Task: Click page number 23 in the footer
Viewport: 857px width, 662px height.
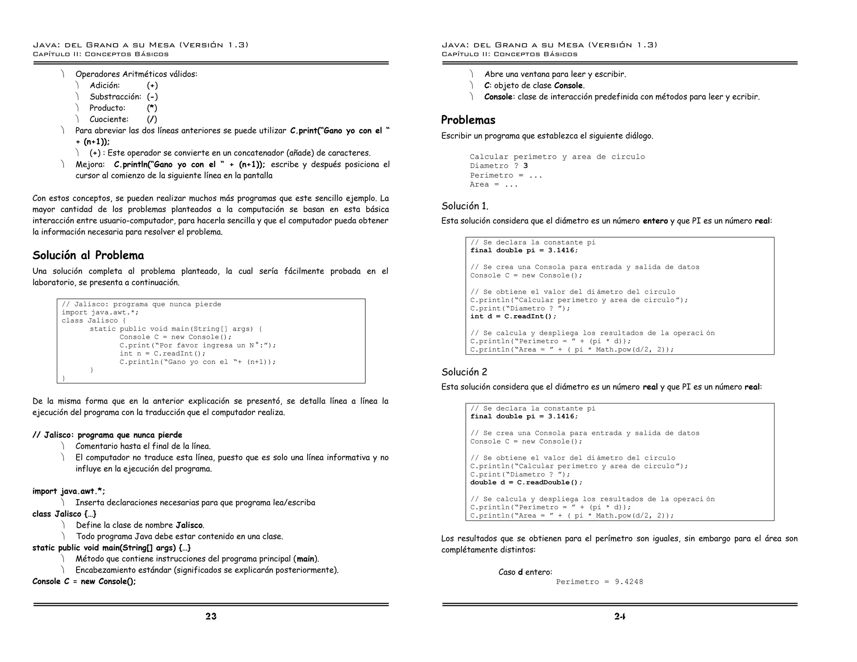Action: (211, 616)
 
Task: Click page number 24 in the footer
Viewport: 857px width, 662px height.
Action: (620, 616)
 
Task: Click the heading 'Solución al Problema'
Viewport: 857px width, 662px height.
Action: (88, 255)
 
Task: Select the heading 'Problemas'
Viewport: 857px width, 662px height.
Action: (468, 120)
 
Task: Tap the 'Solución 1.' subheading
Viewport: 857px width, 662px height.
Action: (465, 206)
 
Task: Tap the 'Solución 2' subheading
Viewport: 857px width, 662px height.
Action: (464, 372)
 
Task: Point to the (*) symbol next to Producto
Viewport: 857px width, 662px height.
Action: (152, 108)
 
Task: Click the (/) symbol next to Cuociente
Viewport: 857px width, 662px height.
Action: (152, 119)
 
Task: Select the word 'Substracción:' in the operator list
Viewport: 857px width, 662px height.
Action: (115, 97)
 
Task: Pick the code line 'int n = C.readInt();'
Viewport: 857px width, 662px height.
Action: (163, 354)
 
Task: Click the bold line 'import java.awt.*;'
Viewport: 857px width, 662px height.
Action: (69, 491)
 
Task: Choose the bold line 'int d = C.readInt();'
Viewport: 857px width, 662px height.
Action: (513, 316)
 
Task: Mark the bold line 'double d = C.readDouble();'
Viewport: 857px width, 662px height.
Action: (526, 482)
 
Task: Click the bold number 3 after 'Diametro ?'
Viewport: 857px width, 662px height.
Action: (526, 166)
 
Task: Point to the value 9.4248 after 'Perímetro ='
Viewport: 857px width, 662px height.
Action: (629, 582)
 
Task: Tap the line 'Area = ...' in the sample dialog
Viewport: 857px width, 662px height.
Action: (494, 185)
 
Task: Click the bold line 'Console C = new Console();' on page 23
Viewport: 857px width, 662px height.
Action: (84, 581)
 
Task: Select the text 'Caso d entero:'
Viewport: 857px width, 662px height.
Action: (525, 572)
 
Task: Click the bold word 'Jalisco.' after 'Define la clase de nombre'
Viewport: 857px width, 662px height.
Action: (190, 525)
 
